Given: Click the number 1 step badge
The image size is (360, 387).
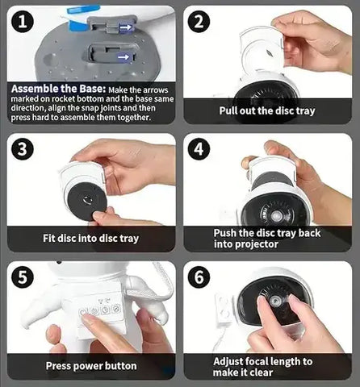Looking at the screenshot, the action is tap(23, 22).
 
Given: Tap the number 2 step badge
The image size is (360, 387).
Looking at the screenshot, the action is tap(199, 22).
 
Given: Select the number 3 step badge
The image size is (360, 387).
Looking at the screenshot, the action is tap(23, 148).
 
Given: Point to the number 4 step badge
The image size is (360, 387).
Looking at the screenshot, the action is tap(199, 148).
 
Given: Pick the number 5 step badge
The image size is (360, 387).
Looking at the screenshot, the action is tap(23, 277).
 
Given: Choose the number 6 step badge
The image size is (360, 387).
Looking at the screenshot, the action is tap(199, 277).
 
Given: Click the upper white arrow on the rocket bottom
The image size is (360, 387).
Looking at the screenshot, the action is tap(126, 27).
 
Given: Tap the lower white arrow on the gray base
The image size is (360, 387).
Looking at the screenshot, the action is tap(123, 57).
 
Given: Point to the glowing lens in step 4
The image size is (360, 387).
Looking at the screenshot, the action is tap(276, 216).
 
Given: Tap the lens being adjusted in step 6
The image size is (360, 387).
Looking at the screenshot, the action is tap(275, 301).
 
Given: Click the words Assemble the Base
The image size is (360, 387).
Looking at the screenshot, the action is tap(58, 89).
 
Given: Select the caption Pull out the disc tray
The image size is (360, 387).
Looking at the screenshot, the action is tap(267, 110).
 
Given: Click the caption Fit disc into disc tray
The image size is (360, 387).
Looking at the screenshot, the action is tap(91, 239).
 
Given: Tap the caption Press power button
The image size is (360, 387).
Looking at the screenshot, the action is tap(91, 366).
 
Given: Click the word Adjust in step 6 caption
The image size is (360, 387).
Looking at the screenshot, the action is tap(228, 362).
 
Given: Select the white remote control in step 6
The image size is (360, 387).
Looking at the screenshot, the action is tap(223, 309).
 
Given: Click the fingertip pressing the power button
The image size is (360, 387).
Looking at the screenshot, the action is tap(87, 318).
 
